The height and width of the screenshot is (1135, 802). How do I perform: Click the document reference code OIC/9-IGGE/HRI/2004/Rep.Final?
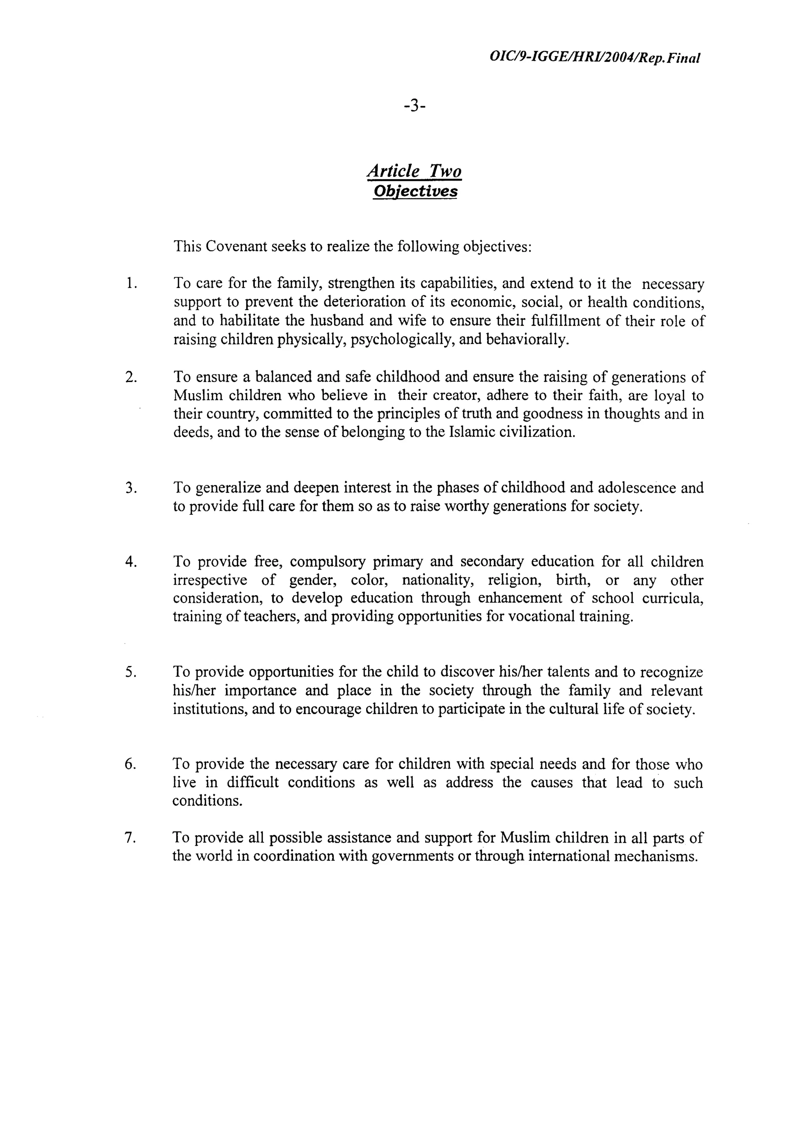tap(594, 57)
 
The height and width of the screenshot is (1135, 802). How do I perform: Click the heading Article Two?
tap(414, 171)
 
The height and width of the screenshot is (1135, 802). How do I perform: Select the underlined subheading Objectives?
tap(415, 191)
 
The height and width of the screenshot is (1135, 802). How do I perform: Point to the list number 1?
tap(130, 284)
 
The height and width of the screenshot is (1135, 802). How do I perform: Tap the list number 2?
tap(130, 377)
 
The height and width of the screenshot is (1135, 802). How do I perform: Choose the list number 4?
tap(130, 562)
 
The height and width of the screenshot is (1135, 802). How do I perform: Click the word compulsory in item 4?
tap(327, 562)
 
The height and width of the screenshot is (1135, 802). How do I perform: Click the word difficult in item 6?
tap(253, 783)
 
